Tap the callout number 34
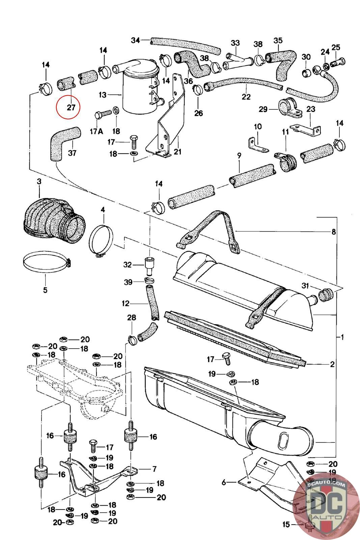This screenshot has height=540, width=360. (x=135, y=40)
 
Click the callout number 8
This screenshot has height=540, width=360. (x=333, y=232)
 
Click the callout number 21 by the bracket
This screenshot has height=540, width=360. (x=177, y=152)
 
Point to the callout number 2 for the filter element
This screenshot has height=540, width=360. (x=332, y=364)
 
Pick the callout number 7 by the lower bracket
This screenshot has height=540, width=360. (x=154, y=469)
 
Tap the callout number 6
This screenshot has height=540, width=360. (x=224, y=483)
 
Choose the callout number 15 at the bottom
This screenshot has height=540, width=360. (x=286, y=524)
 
